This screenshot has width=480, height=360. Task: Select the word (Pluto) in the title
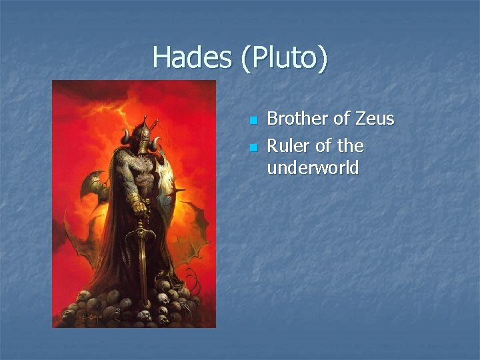coord(285,59)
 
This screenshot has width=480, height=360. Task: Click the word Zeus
coord(374,119)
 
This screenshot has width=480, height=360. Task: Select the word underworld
coord(313,168)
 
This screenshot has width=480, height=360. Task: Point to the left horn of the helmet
coord(125,137)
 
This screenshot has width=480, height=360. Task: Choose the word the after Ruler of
coord(350,145)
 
